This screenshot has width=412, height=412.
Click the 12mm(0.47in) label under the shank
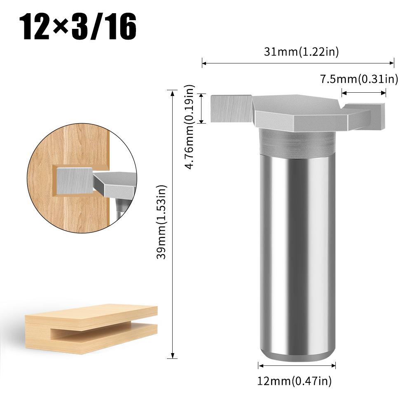point(294,382)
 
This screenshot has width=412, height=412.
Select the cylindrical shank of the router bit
point(297,255)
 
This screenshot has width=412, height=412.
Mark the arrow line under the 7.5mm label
point(364,93)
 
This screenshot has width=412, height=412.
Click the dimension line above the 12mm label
point(297,365)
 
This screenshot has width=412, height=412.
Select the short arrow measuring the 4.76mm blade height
point(202,108)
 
